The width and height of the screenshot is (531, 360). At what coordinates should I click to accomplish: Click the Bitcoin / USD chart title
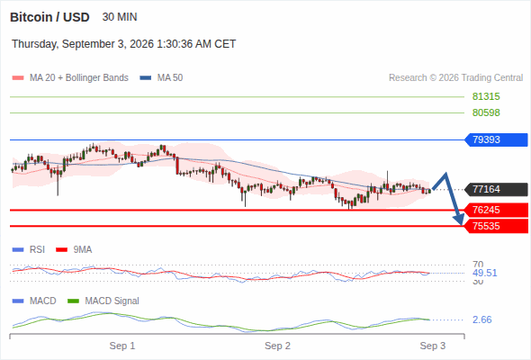point(49,17)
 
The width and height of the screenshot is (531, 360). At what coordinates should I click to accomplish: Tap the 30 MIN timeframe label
point(120,17)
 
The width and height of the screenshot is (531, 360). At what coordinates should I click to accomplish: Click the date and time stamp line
point(124,44)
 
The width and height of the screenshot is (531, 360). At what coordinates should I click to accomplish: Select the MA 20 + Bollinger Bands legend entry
point(70,78)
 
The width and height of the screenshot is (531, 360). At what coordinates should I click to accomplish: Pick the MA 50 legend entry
point(161,78)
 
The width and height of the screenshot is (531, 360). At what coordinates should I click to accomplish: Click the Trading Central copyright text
point(455,78)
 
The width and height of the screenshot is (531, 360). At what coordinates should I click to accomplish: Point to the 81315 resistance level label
point(486,97)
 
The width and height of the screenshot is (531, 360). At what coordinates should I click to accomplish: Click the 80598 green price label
point(486,112)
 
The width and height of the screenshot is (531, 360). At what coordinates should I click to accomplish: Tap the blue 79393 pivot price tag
point(497,139)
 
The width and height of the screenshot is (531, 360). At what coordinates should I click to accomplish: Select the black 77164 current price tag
point(497,189)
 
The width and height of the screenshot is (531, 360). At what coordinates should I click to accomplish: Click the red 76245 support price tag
point(497,211)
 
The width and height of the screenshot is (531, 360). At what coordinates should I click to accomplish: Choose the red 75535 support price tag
point(497,226)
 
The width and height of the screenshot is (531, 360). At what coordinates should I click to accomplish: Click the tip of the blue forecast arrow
point(461,224)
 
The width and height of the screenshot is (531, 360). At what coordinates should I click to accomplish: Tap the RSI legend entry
point(29,250)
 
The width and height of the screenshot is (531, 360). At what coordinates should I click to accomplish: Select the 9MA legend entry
point(74,250)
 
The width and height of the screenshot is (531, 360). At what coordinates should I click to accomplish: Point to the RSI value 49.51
point(485,273)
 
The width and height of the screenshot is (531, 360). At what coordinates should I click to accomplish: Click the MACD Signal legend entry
point(103,301)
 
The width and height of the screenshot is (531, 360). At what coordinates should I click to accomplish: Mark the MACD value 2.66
point(481,319)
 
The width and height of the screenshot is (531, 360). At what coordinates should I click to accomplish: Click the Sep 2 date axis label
point(277,346)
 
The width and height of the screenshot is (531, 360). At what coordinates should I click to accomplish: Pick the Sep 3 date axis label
point(433,346)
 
